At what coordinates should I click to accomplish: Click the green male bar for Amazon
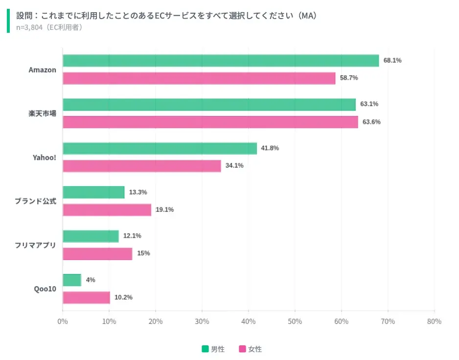(221, 61)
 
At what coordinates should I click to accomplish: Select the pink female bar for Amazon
(199, 78)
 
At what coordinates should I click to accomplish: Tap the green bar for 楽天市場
(209, 105)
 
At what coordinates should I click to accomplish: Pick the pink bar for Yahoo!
(142, 166)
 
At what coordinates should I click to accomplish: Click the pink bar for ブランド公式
(107, 210)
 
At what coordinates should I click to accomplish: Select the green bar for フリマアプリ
(91, 236)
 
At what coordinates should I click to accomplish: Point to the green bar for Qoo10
(72, 280)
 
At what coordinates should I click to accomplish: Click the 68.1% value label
(392, 61)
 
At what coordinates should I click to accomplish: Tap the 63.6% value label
(371, 122)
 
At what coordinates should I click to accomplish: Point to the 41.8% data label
(270, 148)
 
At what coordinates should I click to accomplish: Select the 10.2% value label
(123, 297)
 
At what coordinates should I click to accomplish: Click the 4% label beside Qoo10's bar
(91, 280)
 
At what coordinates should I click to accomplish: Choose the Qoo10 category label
(45, 289)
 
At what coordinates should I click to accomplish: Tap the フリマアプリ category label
(35, 245)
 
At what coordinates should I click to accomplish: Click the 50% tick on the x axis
(295, 321)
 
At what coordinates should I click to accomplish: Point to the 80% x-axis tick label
(434, 321)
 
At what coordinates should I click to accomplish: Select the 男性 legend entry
(213, 349)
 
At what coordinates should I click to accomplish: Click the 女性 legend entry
(250, 349)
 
